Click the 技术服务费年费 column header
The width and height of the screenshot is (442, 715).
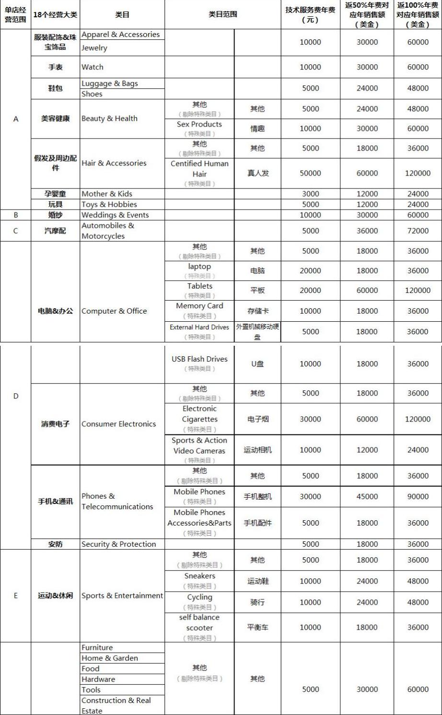(x=310, y=15)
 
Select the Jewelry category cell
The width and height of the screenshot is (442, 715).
(x=94, y=48)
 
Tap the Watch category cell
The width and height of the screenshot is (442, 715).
(x=93, y=67)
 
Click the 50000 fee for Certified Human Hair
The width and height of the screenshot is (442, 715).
(x=310, y=173)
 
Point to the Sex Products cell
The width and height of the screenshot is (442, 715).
(x=199, y=124)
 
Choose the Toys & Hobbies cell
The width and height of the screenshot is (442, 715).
(x=109, y=204)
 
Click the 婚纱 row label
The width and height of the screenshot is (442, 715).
(x=55, y=215)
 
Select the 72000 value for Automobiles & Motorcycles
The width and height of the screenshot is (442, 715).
(x=418, y=231)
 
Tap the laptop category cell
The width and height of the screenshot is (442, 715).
(x=199, y=267)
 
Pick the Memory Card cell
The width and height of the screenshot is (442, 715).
(x=199, y=306)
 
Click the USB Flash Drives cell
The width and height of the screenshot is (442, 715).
(x=199, y=359)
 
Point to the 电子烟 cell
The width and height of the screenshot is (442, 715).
(x=257, y=419)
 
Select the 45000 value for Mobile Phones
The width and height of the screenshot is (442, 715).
(x=367, y=496)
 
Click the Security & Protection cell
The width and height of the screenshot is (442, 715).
(x=119, y=544)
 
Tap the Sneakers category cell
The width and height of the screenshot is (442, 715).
(x=199, y=576)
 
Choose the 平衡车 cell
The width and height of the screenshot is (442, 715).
(x=257, y=627)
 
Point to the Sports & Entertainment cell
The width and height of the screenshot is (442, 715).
(x=122, y=596)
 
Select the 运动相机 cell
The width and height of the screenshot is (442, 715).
(x=257, y=450)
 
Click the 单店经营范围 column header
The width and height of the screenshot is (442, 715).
(x=15, y=15)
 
